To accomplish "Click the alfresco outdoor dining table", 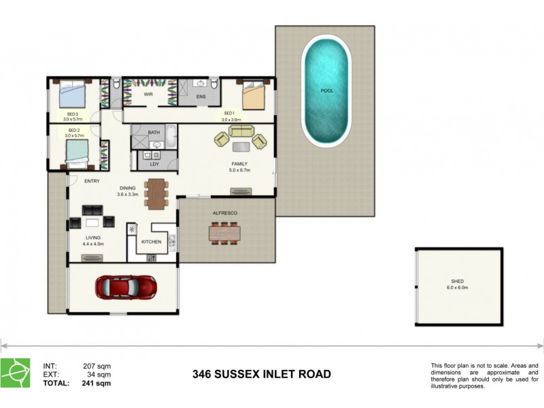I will tap(224, 233).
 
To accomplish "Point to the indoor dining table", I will tap(156, 193).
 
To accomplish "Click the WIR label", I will tap(148, 95).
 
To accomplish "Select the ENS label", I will tap(201, 97).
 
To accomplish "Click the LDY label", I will tap(154, 164).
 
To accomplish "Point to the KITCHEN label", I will tap(151, 242).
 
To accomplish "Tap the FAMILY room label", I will tap(239, 164).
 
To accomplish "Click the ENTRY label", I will tap(92, 181).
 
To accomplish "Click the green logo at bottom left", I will tap(15, 373).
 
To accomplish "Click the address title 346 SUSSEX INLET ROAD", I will tap(262, 374).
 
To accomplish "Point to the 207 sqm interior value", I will tap(97, 366).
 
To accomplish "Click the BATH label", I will tap(154, 133).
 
